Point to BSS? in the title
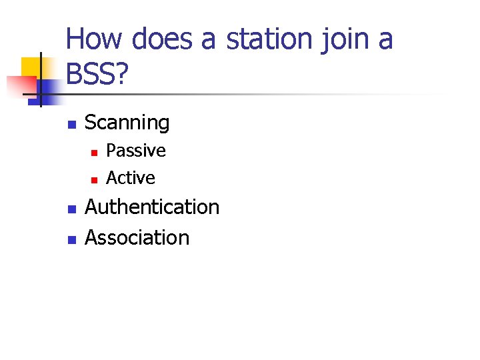click(97, 75)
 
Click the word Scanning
click(127, 123)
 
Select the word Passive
click(135, 151)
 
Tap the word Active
click(130, 178)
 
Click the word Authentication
click(152, 207)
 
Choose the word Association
click(137, 237)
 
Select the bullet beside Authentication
click(71, 209)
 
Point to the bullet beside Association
click(71, 239)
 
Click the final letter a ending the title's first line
click(385, 40)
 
